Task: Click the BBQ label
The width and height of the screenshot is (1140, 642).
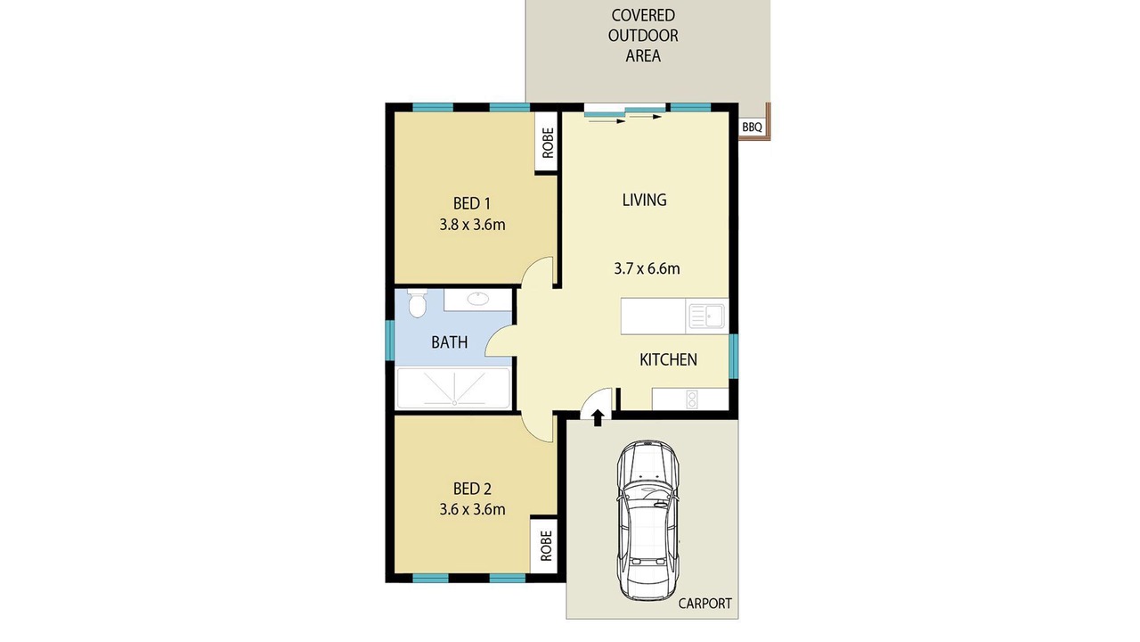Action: pyautogui.click(x=752, y=127)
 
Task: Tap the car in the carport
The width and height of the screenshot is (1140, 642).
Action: pyautogui.click(x=647, y=520)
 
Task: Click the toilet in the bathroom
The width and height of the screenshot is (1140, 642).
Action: pyautogui.click(x=418, y=303)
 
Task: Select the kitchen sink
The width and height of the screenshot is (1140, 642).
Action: pyautogui.click(x=706, y=317)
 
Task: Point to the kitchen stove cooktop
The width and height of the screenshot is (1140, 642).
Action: pyautogui.click(x=692, y=399)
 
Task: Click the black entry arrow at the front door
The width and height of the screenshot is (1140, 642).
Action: pyautogui.click(x=598, y=417)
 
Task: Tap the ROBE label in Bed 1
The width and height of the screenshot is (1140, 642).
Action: pyautogui.click(x=548, y=143)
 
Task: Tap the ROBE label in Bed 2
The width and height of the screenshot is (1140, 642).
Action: pyautogui.click(x=546, y=546)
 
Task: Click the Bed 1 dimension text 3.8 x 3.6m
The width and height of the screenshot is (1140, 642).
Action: pyautogui.click(x=472, y=225)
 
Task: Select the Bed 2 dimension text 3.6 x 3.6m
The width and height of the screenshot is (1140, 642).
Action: pyautogui.click(x=472, y=509)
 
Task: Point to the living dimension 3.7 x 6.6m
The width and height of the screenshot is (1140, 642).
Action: pyautogui.click(x=647, y=268)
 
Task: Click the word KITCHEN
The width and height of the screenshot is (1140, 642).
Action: pyautogui.click(x=668, y=359)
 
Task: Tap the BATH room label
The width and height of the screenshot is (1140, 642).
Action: pyautogui.click(x=450, y=342)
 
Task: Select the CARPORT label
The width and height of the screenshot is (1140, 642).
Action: pyautogui.click(x=704, y=604)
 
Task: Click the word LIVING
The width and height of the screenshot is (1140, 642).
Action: pyautogui.click(x=644, y=200)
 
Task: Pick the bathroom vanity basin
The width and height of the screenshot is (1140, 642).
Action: pyautogui.click(x=478, y=299)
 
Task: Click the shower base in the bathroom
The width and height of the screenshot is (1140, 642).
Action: pyautogui.click(x=453, y=388)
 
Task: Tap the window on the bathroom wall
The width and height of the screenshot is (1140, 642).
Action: pyautogui.click(x=390, y=341)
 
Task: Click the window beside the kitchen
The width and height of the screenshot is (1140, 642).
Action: pyautogui.click(x=733, y=356)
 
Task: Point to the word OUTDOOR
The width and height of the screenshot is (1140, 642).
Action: pyautogui.click(x=643, y=36)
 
